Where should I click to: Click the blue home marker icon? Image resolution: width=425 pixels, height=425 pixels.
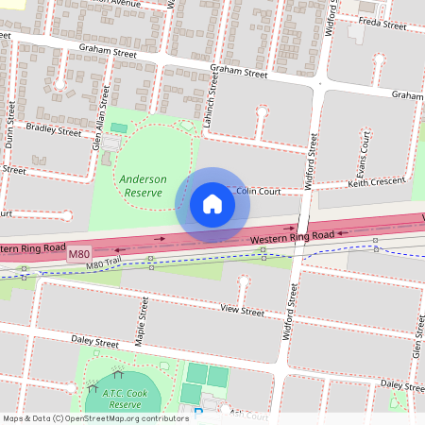[x=212, y=203]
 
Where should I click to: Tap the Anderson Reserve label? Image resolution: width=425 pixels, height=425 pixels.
[x=143, y=185]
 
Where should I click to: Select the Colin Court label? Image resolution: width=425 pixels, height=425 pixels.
[x=259, y=191]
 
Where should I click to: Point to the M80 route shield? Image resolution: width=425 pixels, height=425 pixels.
[x=79, y=255]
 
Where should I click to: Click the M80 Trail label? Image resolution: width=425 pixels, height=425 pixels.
[x=105, y=264]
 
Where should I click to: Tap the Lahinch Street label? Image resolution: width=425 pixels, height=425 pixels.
[x=214, y=106]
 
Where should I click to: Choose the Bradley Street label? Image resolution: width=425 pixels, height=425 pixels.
[x=55, y=130]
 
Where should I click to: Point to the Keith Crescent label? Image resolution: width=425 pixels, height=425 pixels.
[x=375, y=181]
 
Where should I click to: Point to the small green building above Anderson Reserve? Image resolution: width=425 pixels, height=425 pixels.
[x=118, y=127]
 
